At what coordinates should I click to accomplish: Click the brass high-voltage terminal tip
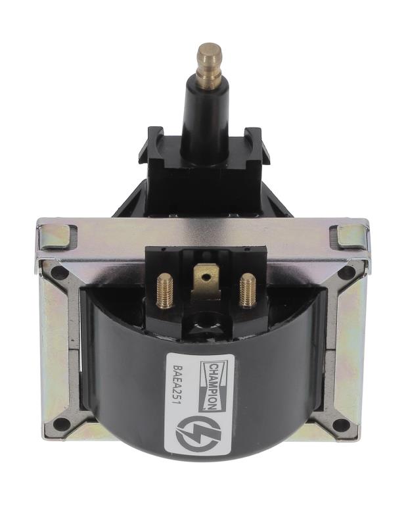point(210,64)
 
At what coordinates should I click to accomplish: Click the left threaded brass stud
point(164,291)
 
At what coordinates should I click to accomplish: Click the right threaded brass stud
point(247,291)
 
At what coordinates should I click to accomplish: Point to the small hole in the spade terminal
point(205,276)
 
